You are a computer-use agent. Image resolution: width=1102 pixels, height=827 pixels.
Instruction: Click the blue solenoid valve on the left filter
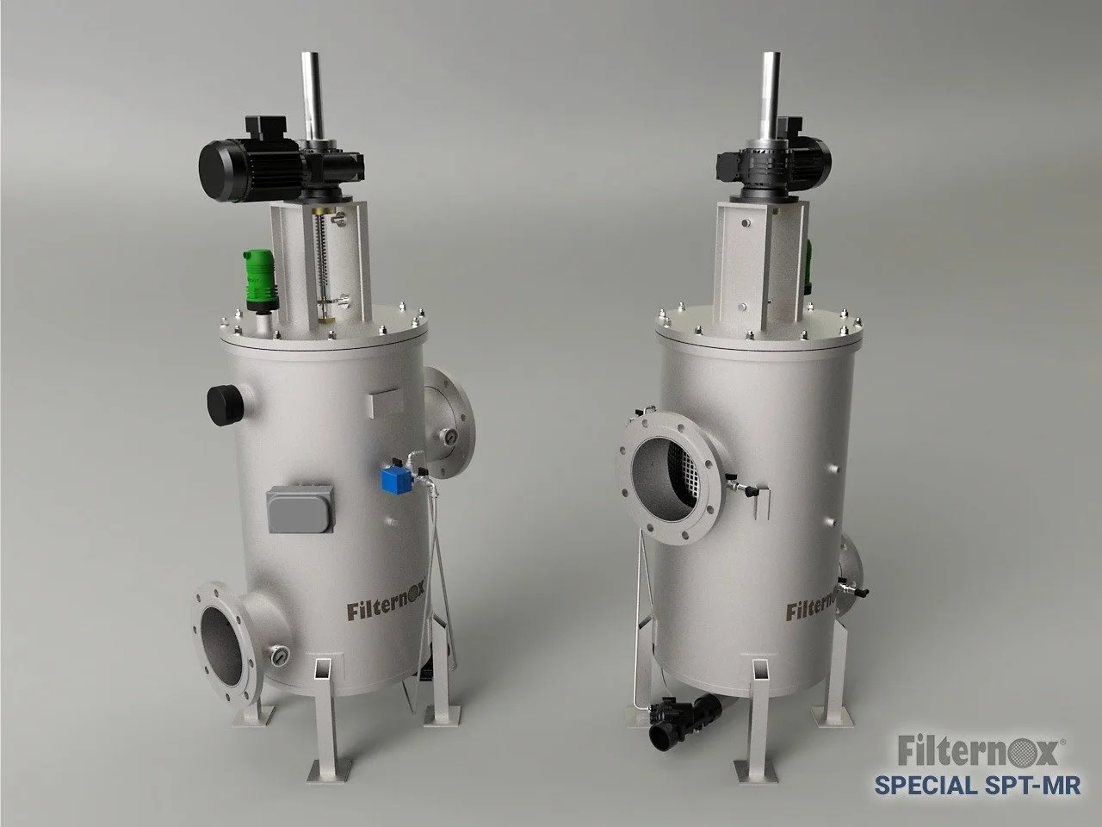(x=397, y=481)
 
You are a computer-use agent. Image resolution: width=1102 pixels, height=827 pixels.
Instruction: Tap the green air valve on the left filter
(x=260, y=281)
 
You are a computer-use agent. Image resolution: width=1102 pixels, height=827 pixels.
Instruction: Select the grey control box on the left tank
(x=300, y=508)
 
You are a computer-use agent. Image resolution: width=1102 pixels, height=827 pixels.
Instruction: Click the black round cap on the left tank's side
(x=226, y=405)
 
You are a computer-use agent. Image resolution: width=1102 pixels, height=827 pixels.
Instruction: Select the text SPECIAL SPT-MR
(x=977, y=785)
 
